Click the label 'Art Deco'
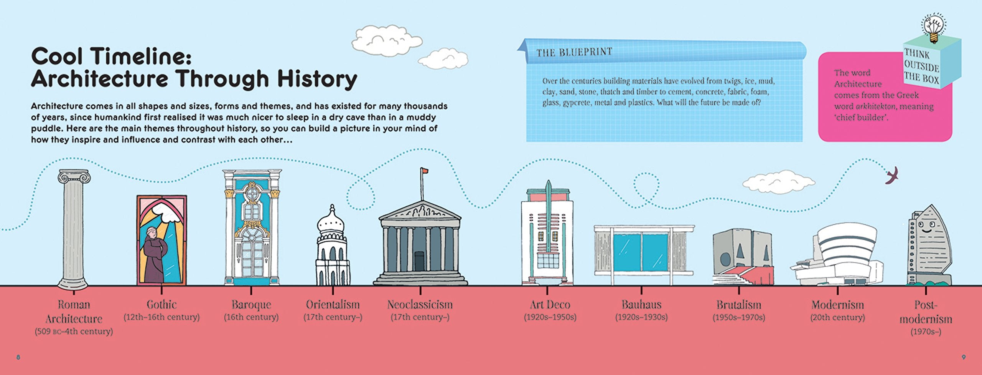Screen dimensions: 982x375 point(550,305)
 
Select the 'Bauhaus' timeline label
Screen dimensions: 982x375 point(641,305)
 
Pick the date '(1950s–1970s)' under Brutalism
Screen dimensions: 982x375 point(739,318)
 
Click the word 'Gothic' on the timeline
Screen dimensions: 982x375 point(161,305)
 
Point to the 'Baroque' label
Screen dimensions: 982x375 point(251,305)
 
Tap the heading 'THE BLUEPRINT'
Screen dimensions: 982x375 point(574,52)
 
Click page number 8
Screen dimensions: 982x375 point(18,357)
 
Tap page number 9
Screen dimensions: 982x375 point(964,357)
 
